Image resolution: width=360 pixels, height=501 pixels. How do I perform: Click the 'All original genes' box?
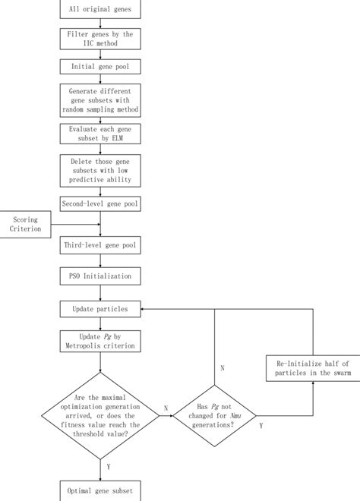coord(100,10)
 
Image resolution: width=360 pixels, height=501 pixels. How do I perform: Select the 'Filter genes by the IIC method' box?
coord(100,39)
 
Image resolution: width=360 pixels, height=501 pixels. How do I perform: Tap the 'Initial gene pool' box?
coord(100,68)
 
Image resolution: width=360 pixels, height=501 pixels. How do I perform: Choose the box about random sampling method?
coord(100,102)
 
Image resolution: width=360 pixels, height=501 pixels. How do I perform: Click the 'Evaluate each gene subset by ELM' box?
coord(100,135)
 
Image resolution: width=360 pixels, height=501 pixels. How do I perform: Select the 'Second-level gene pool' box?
coord(100,205)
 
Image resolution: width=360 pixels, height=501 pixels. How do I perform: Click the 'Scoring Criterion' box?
coord(27,224)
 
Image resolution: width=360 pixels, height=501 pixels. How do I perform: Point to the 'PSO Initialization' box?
coord(100,276)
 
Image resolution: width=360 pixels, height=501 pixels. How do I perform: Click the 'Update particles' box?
coord(100,310)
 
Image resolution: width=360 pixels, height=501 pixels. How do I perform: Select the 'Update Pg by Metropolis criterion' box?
coord(100,342)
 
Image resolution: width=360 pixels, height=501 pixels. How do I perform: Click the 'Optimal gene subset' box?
coord(100,493)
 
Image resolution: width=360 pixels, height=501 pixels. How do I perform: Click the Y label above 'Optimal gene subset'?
coord(110,468)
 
